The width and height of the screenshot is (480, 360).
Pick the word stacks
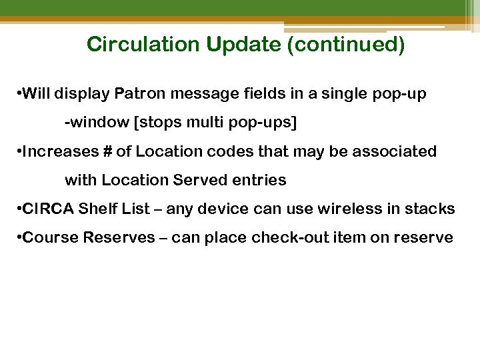pyautogui.click(x=434, y=209)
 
